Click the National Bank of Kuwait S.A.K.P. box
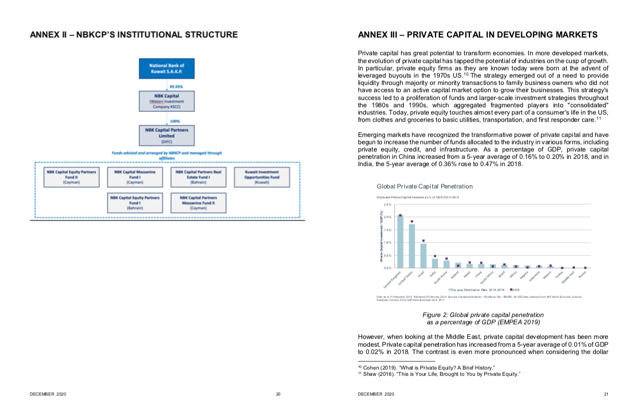[167, 68]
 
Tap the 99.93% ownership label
[176, 86]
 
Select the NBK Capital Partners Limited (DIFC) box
[167, 135]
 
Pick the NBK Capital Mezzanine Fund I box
[135, 177]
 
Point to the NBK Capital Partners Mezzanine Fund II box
[198, 202]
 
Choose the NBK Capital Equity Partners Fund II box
[71, 177]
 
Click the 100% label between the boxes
[175, 121]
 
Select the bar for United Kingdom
[400, 241]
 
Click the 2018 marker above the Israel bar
[424, 240]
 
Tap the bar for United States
[412, 246]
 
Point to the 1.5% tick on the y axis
[388, 230]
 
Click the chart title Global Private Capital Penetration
[425, 186]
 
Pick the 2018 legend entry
[515, 289]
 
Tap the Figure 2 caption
[483, 318]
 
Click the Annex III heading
[478, 35]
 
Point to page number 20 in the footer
[278, 394]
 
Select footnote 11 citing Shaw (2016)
[440, 374]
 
